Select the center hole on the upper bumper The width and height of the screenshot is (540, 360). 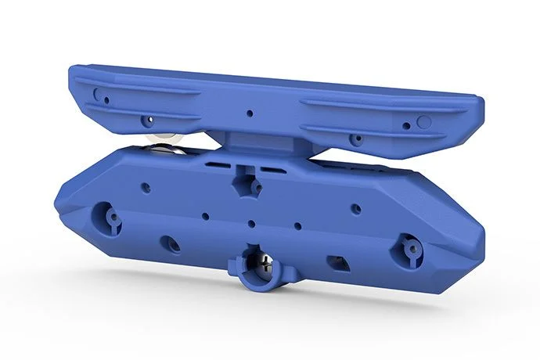tap(249, 113)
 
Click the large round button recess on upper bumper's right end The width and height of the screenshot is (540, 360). tap(423, 121)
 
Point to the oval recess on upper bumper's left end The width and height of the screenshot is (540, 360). tap(97, 94)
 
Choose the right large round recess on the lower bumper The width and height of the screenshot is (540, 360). tap(409, 250)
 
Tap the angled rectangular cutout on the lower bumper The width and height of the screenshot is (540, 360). tap(339, 261)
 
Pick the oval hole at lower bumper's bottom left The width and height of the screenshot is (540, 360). tap(170, 243)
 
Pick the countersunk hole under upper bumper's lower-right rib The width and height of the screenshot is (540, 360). tap(356, 140)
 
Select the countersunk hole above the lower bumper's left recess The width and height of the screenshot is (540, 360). tap(145, 187)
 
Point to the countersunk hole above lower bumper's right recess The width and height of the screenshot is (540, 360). tap(355, 208)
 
